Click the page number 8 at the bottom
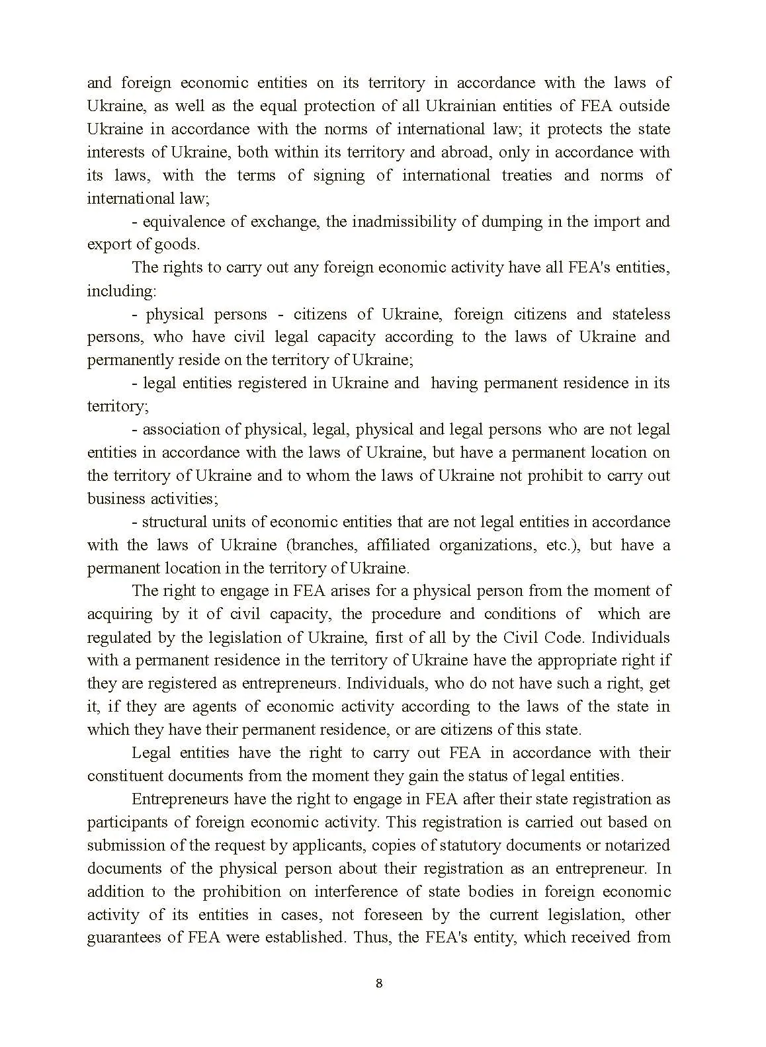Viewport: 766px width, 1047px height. point(378,983)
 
